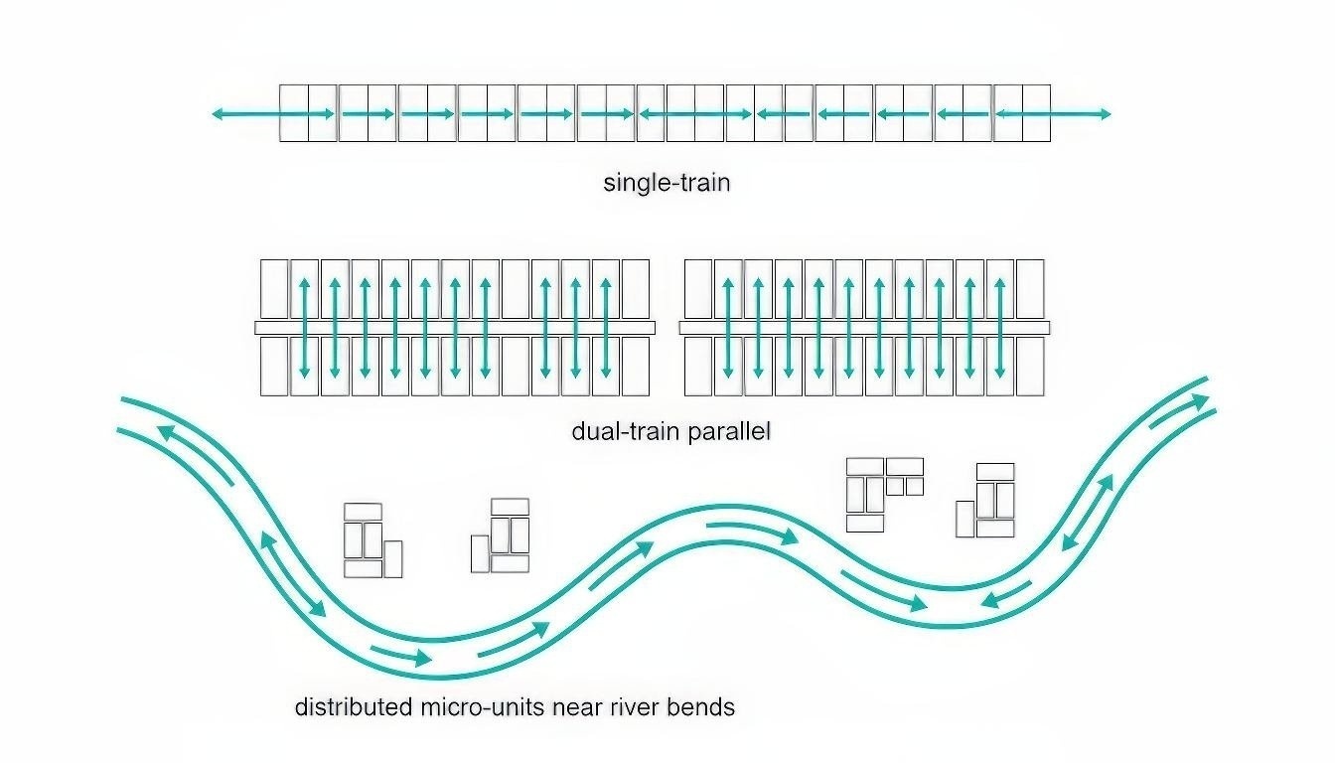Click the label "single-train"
667,183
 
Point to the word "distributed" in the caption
354,707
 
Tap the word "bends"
702,707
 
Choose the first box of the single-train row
293,113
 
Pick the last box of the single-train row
1036,113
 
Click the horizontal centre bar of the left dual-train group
455,328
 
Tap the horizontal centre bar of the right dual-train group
864,328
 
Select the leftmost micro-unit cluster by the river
371,540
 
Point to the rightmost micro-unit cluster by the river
986,501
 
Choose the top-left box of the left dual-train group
274,289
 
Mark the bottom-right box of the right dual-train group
1030,366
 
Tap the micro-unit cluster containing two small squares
883,494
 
